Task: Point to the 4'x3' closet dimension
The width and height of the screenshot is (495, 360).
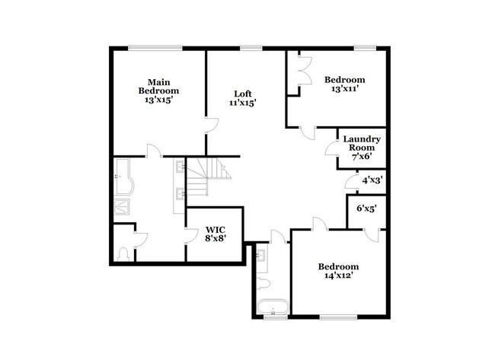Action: point(372,180)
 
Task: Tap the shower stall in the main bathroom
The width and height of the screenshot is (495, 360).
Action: point(123,205)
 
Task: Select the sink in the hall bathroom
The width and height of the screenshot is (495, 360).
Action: point(261,256)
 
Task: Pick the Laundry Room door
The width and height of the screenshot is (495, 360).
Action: point(332,149)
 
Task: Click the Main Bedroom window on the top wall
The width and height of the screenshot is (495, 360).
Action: point(155,49)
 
